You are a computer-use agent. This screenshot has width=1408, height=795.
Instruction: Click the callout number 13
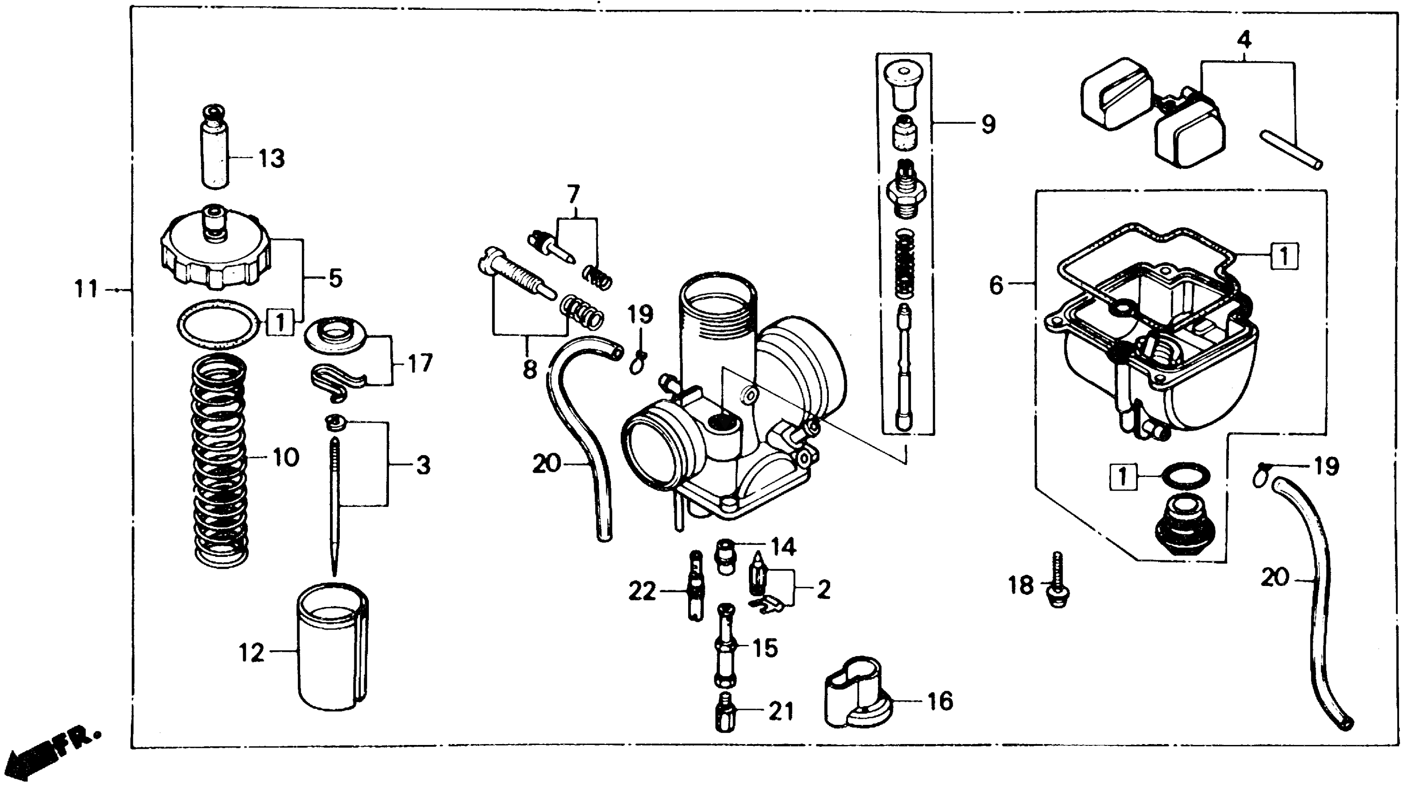(x=271, y=159)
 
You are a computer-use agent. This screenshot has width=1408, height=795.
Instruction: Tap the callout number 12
(x=251, y=653)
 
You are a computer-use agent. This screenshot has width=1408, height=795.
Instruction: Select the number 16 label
(x=940, y=701)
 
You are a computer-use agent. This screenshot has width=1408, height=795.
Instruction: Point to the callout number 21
(x=781, y=711)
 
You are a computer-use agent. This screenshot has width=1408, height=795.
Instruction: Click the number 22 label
(x=642, y=591)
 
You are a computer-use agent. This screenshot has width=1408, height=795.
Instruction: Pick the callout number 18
(x=1021, y=585)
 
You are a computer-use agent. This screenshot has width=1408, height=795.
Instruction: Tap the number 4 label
(x=1244, y=40)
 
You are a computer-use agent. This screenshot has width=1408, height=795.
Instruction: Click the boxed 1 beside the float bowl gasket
(x=1284, y=256)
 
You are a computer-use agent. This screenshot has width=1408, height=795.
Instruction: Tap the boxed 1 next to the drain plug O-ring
(x=1123, y=476)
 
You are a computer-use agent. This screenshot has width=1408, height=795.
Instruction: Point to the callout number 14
(x=784, y=546)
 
